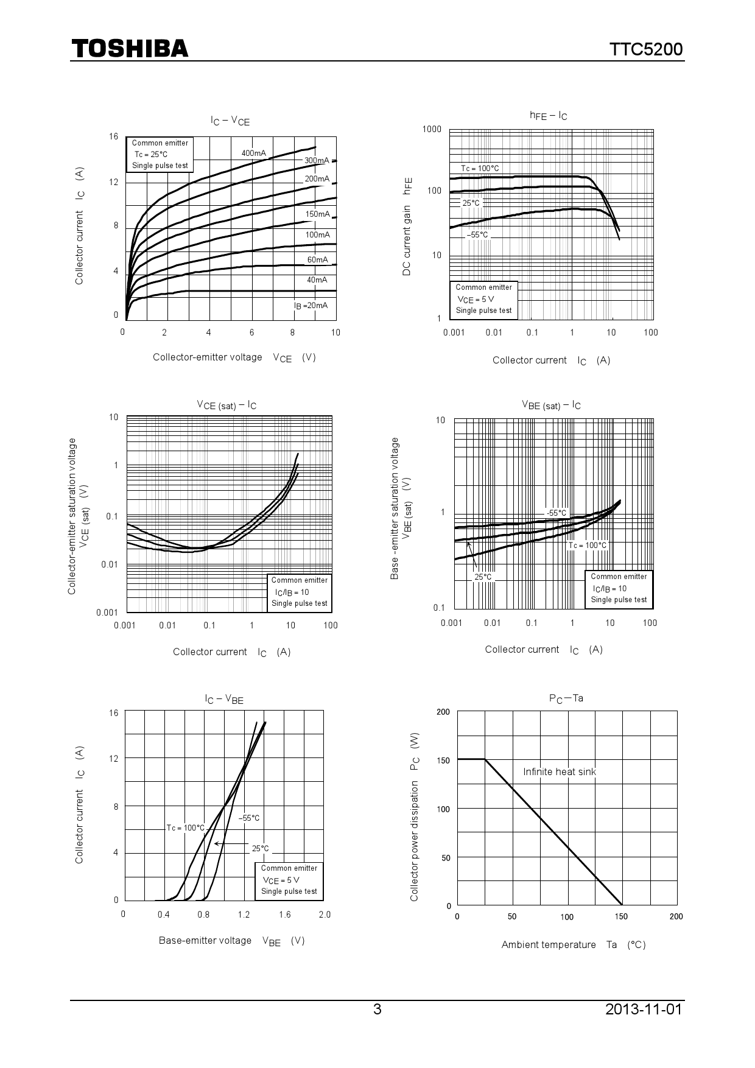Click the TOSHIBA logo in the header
130,49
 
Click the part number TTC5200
646,50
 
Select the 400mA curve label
253,153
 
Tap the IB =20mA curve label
311,306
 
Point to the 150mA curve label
317,214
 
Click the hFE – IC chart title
548,116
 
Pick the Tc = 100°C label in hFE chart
480,168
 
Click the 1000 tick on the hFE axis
432,129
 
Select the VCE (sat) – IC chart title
226,405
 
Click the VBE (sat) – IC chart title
551,405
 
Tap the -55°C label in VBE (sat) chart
556,513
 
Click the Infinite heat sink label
560,772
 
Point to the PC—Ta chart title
566,698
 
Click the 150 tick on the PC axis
443,761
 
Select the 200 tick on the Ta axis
676,917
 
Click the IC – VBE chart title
224,700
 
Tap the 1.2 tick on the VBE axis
244,915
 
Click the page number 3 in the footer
377,1010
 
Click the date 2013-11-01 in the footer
644,1010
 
